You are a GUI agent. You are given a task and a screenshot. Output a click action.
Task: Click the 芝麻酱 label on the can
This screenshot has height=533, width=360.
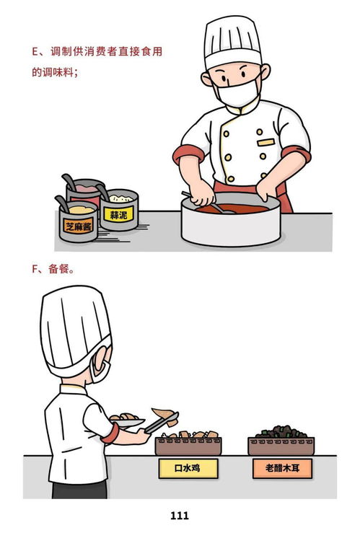pos(79,226)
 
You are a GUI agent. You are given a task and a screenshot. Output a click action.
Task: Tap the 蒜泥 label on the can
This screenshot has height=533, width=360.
pos(118,215)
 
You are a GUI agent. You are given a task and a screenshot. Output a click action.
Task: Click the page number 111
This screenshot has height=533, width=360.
pos(180,515)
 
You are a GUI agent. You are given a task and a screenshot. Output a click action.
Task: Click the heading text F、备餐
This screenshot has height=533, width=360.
pos(54,268)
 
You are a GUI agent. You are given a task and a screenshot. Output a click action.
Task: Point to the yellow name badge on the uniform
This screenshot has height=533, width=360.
pos(265,142)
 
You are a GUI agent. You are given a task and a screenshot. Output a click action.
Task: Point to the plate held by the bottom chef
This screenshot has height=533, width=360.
pos(128,422)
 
